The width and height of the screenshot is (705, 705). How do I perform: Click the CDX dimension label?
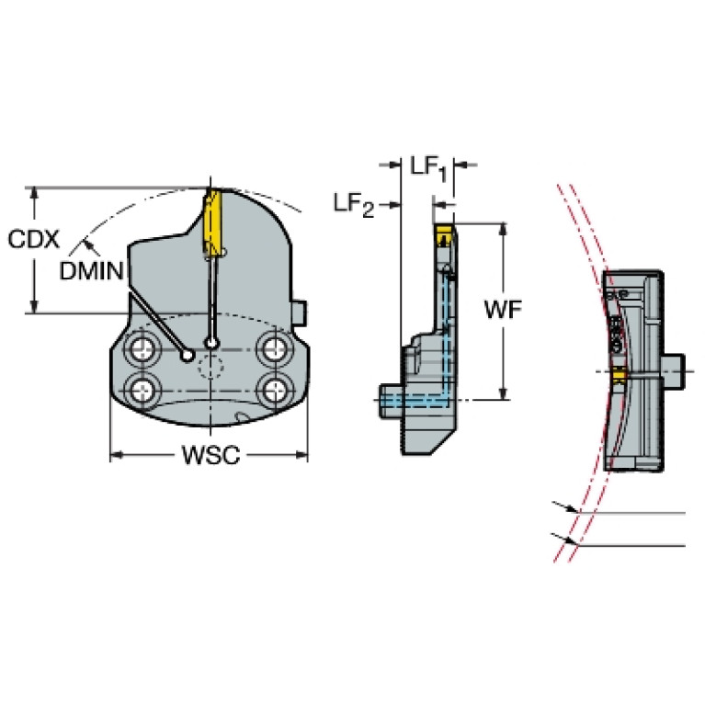coord(34,239)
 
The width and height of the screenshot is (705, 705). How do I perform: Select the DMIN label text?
coord(91,271)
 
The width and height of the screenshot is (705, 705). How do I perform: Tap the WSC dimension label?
coord(210,455)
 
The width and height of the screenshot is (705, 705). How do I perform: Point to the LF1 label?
coord(429,169)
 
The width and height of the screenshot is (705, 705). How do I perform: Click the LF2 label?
coord(354,206)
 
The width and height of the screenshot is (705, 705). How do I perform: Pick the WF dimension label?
coord(503,310)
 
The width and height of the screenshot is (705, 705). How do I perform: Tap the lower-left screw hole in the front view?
coord(143,390)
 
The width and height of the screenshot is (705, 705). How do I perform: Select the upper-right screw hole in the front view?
coord(273,348)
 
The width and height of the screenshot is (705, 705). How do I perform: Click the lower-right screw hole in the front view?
coord(273,390)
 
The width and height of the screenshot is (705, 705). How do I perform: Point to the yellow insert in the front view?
coord(212,222)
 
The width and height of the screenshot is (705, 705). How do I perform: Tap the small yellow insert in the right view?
coord(620,375)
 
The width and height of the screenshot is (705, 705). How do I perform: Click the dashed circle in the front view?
coord(210,368)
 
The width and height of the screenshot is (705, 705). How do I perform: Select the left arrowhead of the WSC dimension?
coord(117,455)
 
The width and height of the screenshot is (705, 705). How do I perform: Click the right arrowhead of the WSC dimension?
coord(301,455)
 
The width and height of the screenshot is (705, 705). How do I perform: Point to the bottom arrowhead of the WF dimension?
coord(503,393)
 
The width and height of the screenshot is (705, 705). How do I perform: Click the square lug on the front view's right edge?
coord(300,313)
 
